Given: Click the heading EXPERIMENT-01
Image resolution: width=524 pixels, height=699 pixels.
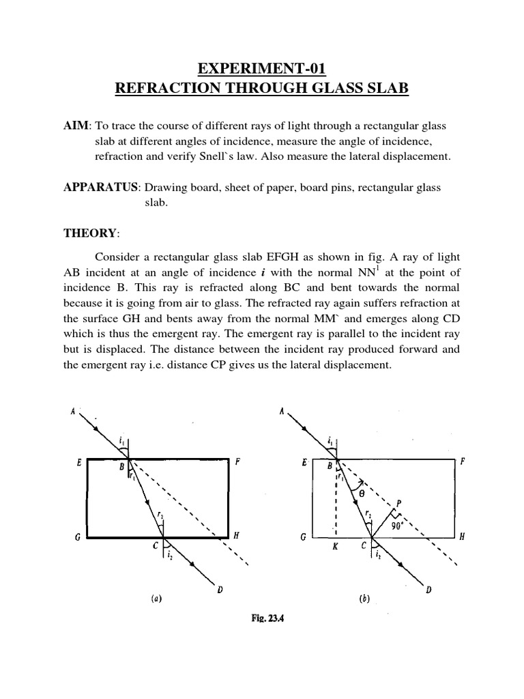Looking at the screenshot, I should tap(261, 68).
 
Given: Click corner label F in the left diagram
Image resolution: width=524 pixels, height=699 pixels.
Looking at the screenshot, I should tap(237, 462).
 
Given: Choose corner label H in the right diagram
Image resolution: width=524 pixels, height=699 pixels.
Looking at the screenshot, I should tap(461, 537).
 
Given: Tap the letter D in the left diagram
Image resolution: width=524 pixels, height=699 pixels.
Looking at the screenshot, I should tap(220, 588).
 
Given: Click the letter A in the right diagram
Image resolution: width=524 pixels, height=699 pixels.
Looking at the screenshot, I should tap(282, 411).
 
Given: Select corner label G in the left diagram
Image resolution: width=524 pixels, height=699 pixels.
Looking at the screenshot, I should tap(77, 538).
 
